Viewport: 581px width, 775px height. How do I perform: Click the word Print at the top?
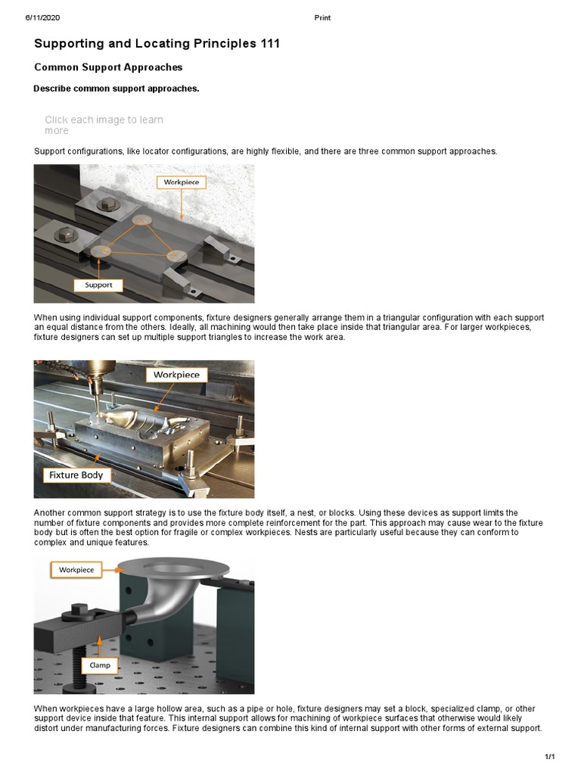tap(322, 17)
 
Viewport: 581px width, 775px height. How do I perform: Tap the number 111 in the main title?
tap(269, 44)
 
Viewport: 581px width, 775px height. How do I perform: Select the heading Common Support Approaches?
tap(108, 67)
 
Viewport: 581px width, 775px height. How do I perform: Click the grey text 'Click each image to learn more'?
tap(103, 125)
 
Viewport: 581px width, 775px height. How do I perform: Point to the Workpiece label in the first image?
tap(181, 182)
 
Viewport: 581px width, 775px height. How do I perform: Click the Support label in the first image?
tap(98, 285)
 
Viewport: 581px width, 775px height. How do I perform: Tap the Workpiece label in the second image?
tap(176, 375)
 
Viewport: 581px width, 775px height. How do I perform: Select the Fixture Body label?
tap(76, 475)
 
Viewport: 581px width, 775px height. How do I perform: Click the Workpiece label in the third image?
tap(76, 569)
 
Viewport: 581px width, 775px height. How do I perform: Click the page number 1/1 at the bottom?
tap(550, 757)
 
